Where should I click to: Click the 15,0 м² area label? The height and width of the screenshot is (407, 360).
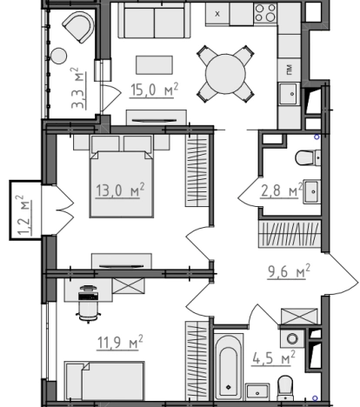pos(154,90)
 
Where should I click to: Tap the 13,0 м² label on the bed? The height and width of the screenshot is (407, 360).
pos(120,190)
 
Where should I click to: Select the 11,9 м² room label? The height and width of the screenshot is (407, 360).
pos(120,343)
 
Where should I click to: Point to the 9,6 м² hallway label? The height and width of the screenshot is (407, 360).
pos(289,271)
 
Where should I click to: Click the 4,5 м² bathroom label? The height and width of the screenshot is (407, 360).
pos(273,358)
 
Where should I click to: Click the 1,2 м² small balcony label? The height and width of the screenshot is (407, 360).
pos(23,215)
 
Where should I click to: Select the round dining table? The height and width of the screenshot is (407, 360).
pos(225,74)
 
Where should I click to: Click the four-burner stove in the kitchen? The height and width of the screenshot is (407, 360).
pos(265,13)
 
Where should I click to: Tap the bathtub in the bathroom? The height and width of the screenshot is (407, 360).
pos(229,367)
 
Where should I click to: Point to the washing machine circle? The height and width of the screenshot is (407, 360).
pos(292,338)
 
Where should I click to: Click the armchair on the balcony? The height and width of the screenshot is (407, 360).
pos(79,27)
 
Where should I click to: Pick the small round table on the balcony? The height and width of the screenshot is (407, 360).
pos(59,56)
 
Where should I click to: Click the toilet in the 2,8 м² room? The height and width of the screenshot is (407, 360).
pos(308,157)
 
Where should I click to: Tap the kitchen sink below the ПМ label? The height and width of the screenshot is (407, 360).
pos(288,94)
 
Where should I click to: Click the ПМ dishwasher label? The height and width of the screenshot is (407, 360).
pos(290,70)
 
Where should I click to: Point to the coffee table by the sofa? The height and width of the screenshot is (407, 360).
pos(155,65)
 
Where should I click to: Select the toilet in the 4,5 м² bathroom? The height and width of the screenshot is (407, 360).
pos(285,388)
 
